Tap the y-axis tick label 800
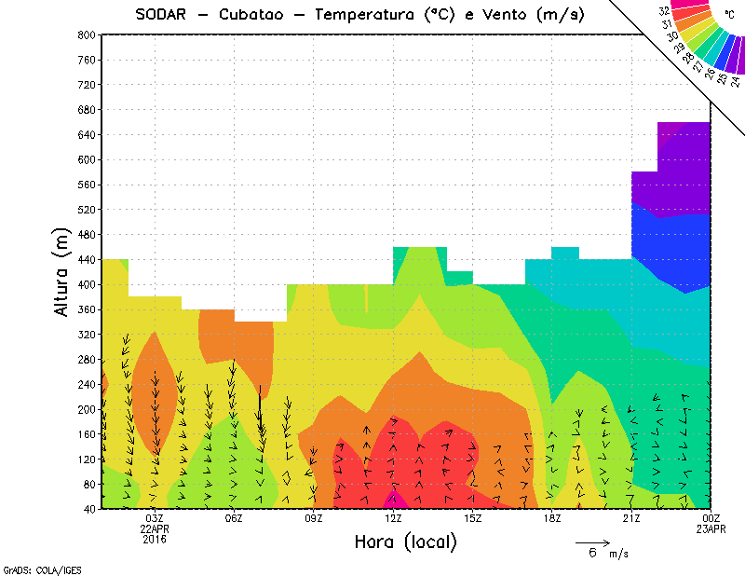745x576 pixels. (x=87, y=34)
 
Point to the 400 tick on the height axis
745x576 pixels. (x=87, y=284)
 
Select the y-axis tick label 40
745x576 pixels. (x=89, y=509)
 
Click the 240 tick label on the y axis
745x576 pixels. (x=87, y=384)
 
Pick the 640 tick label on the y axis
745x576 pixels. (x=87, y=134)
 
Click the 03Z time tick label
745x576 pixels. (x=155, y=518)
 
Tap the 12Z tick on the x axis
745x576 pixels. (x=394, y=518)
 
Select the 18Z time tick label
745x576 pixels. (x=552, y=518)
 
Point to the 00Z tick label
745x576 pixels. (x=711, y=518)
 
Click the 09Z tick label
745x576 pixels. (x=314, y=518)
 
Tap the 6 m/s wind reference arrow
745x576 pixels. (x=592, y=542)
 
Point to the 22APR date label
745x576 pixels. (x=155, y=528)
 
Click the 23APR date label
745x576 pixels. (x=711, y=528)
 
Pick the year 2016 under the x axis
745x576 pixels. (x=155, y=539)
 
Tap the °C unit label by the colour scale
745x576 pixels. (x=729, y=16)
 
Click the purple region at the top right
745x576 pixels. (x=684, y=168)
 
